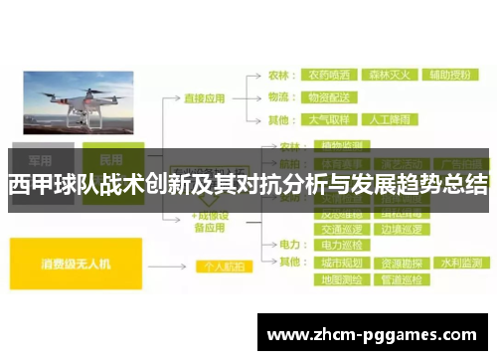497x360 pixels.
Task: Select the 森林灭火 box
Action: pyautogui.click(x=390, y=75)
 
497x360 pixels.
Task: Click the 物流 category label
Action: pyautogui.click(x=281, y=98)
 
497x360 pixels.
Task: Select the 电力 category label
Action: pyautogui.click(x=288, y=245)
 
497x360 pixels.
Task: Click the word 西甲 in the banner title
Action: pyautogui.click(x=27, y=185)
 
